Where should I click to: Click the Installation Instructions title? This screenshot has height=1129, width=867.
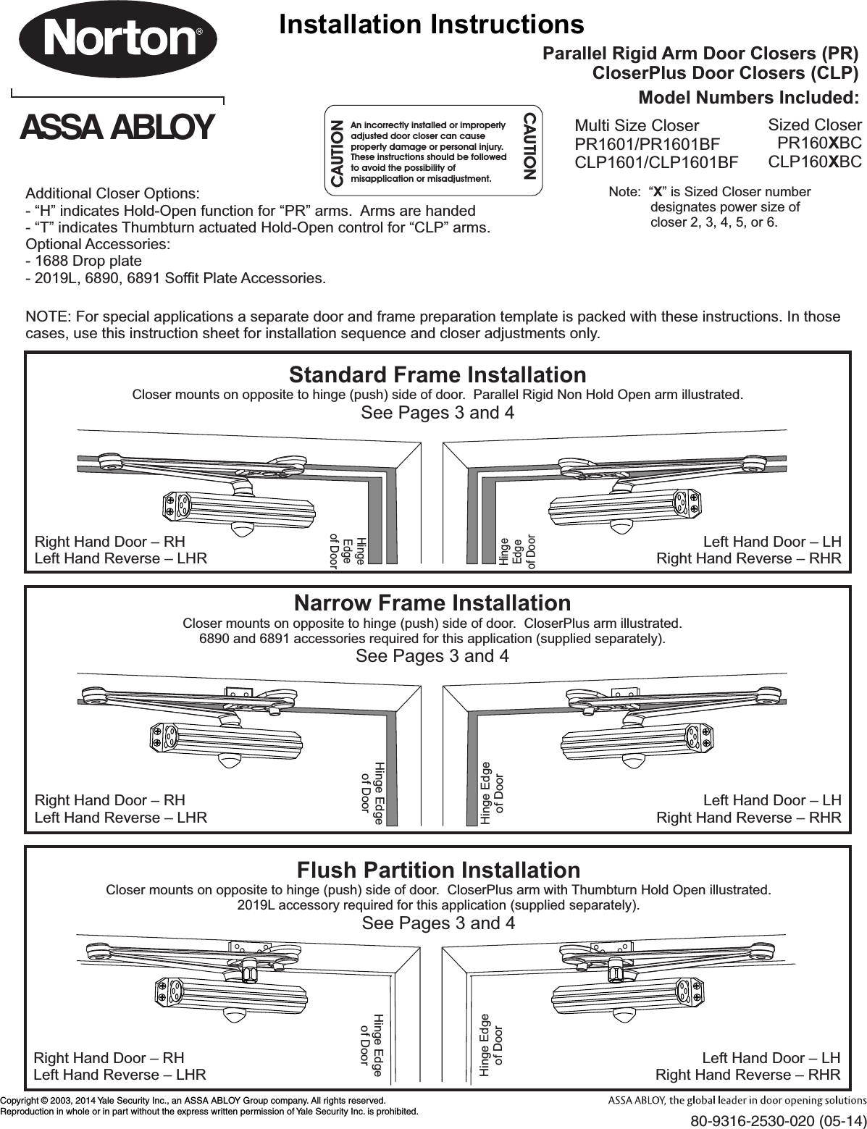coord(432,24)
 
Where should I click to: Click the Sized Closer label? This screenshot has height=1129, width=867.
coord(814,125)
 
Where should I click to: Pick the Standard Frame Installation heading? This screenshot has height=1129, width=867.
coord(437,374)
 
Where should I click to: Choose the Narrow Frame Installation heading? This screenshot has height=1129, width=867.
coord(432,603)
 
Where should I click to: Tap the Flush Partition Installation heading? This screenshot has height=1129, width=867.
coord(438,869)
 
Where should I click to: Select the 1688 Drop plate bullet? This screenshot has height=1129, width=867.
coord(84,261)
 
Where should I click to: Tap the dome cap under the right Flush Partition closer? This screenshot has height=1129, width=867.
coord(624,1015)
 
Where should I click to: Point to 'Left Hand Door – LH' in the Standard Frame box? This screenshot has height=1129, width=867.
coord(772,542)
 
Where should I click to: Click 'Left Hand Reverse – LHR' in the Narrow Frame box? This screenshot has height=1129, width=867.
coord(121,818)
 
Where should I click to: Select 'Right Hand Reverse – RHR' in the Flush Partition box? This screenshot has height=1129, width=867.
coord(747,1074)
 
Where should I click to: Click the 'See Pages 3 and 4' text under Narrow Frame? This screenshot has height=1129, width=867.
coord(432,656)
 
